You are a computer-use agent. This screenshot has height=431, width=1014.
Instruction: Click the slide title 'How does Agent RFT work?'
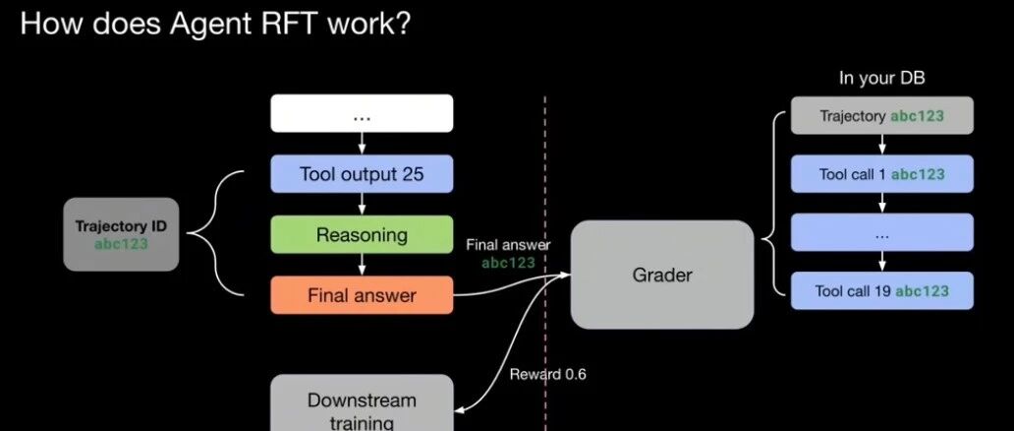[214, 24]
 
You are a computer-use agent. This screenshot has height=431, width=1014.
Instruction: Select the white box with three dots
[362, 113]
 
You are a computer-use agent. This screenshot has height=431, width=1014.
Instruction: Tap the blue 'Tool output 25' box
[362, 174]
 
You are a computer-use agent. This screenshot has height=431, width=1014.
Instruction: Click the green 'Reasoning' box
[362, 235]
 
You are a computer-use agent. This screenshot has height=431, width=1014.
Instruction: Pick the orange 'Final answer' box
[362, 295]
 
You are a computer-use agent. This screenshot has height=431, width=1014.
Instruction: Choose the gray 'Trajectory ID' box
[122, 234]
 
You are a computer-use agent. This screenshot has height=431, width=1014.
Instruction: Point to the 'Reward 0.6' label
[548, 374]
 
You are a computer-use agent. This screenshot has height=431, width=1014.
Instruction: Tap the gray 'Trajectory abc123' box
[882, 116]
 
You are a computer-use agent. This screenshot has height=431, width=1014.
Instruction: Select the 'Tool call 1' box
[882, 174]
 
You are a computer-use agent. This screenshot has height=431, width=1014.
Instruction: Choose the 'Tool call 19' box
[882, 291]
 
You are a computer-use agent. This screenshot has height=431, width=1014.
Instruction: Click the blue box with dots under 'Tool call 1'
[882, 233]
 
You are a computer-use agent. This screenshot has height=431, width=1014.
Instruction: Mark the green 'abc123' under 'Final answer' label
[509, 263]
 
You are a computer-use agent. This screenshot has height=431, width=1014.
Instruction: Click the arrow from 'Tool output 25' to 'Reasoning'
[362, 205]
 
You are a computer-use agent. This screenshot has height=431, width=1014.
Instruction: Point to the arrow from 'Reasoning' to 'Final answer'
[362, 266]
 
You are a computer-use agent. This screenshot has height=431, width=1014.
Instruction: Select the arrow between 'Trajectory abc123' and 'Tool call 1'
[882, 145]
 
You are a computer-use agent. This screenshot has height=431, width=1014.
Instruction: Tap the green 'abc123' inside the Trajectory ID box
[122, 244]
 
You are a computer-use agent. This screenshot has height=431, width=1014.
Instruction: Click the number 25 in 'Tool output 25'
[413, 174]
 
